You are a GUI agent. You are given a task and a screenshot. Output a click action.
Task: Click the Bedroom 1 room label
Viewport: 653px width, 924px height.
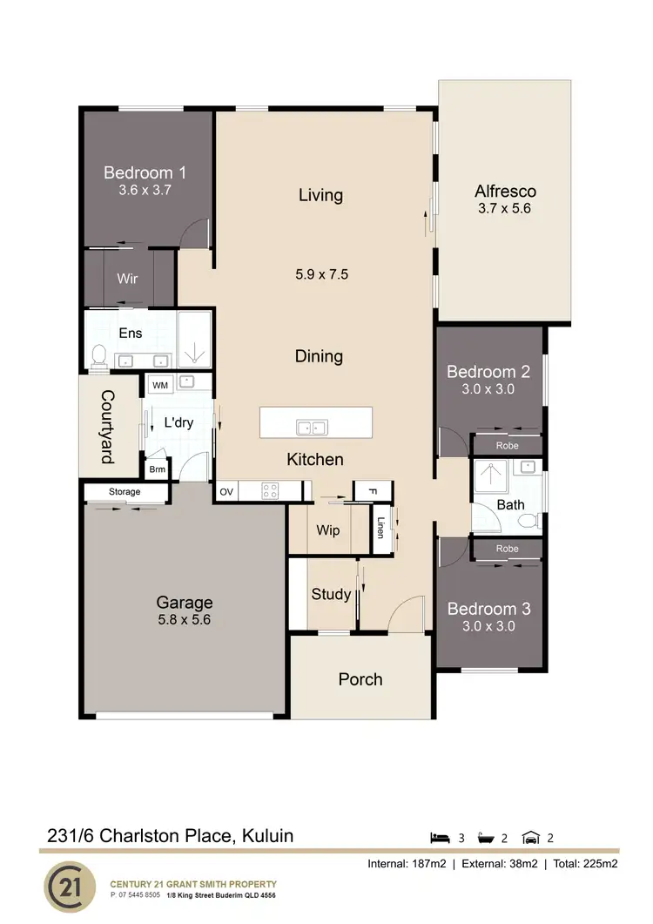145,172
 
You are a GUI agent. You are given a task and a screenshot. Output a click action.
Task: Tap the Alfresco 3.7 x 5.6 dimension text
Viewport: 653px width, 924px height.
504,209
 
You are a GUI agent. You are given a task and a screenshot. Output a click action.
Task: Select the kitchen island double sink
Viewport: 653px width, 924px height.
311,427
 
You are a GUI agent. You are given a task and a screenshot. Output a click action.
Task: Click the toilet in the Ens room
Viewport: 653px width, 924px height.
98,355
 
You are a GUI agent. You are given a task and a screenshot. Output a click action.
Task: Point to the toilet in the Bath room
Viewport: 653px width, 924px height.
528,520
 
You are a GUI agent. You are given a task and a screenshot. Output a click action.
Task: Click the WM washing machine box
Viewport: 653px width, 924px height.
160,384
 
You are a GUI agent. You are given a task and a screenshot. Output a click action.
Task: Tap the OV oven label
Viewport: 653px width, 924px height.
226,492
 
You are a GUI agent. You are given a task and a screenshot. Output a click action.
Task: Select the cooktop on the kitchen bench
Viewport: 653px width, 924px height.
270,491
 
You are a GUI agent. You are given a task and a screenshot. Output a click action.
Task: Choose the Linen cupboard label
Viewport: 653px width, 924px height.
380,528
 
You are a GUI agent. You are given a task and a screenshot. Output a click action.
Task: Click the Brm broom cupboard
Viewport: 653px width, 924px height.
158,469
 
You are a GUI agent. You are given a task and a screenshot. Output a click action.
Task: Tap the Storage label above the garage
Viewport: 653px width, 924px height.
125,492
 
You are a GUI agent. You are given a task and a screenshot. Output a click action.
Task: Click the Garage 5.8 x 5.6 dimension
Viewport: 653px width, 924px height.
184,621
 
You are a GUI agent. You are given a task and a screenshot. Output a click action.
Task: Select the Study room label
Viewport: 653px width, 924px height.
331,594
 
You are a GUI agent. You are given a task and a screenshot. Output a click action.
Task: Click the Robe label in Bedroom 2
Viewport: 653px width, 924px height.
507,445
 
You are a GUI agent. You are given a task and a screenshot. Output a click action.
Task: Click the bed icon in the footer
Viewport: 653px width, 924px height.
441,838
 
